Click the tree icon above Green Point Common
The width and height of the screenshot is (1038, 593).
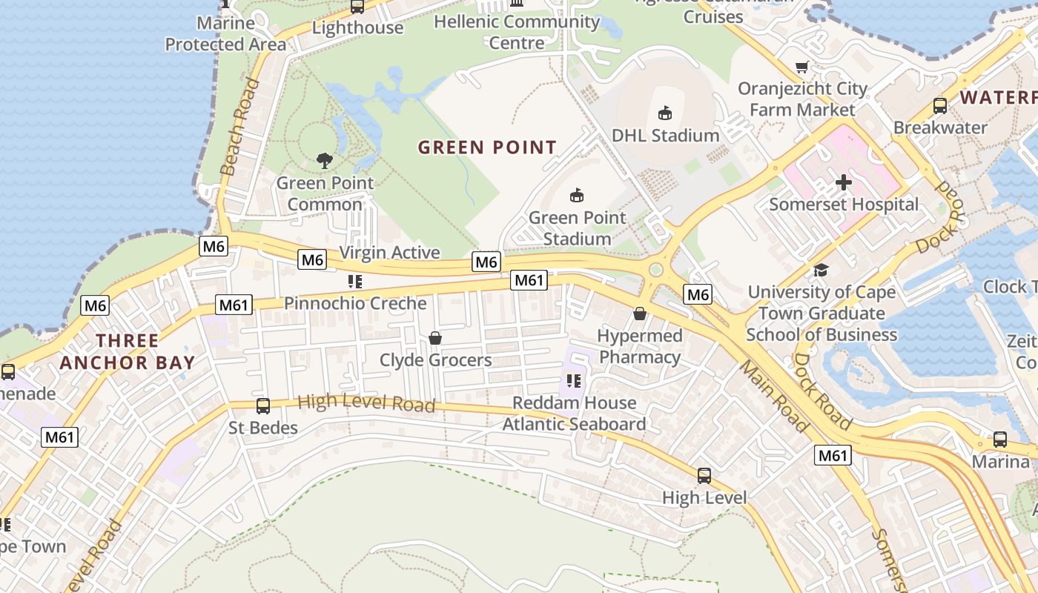324,160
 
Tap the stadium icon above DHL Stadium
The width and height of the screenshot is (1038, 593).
665,113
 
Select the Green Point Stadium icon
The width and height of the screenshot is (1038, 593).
576,195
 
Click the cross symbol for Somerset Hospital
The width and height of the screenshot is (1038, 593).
843,182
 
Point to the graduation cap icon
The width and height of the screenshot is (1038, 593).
821,270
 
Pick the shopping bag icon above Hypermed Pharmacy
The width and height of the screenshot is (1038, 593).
640,314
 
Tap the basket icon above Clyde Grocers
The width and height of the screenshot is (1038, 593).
435,338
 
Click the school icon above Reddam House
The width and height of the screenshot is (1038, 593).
572,381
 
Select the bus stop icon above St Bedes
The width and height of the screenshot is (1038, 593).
262,405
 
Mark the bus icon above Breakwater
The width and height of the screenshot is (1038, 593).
940,105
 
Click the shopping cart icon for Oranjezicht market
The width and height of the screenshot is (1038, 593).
801,67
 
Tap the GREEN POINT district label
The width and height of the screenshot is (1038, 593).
487,148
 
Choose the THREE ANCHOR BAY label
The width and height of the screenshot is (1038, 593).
127,351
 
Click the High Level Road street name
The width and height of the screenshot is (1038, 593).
366,402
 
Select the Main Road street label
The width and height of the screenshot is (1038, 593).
773,397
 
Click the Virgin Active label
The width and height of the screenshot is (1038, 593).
389,252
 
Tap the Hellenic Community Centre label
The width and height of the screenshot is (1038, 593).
517,32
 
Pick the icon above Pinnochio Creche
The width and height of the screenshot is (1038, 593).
355,282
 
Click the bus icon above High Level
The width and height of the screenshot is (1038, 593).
704,475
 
